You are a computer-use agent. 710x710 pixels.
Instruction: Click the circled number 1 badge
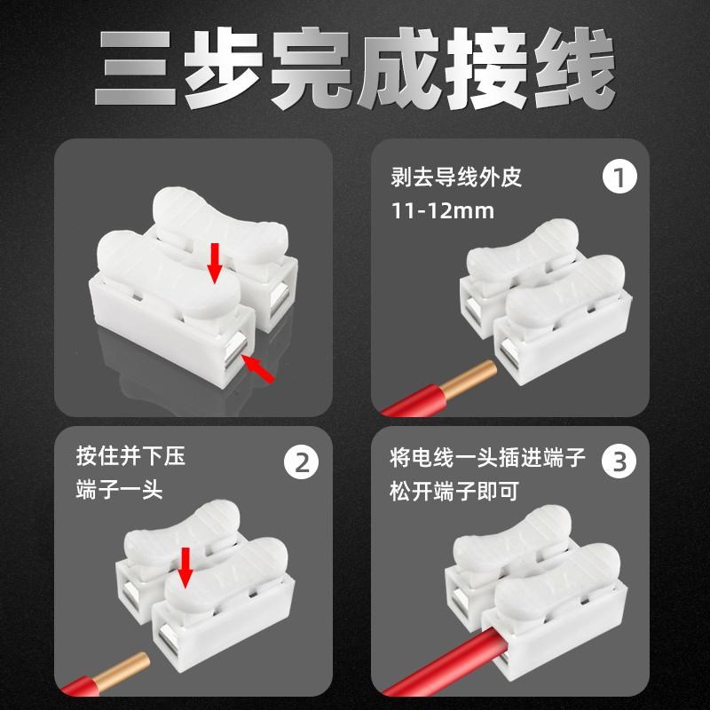click(x=619, y=177)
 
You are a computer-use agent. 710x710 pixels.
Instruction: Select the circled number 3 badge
click(x=619, y=462)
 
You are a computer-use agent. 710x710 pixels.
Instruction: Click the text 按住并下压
click(x=131, y=459)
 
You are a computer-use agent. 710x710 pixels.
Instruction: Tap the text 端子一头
click(x=120, y=490)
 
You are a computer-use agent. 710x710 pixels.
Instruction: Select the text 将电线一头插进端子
click(x=488, y=459)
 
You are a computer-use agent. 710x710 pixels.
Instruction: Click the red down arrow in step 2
click(x=185, y=566)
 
